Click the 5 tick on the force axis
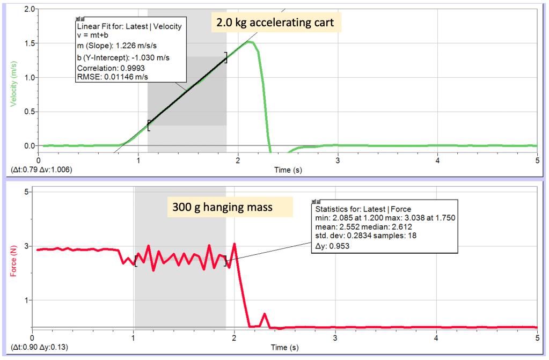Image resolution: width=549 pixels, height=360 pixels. coord(24,192)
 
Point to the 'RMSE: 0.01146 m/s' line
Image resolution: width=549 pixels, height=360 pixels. coord(113,77)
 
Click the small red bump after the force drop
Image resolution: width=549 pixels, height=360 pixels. coord(264,315)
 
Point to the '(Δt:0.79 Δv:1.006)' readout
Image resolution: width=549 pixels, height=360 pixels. coord(41,169)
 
